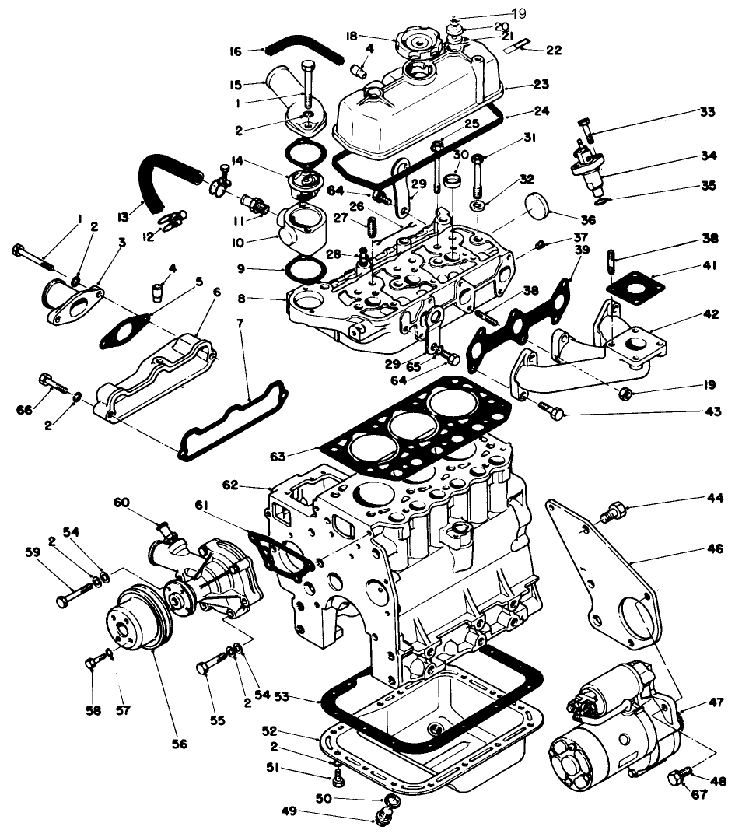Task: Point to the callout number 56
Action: click(180, 743)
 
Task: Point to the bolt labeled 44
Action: click(612, 513)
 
